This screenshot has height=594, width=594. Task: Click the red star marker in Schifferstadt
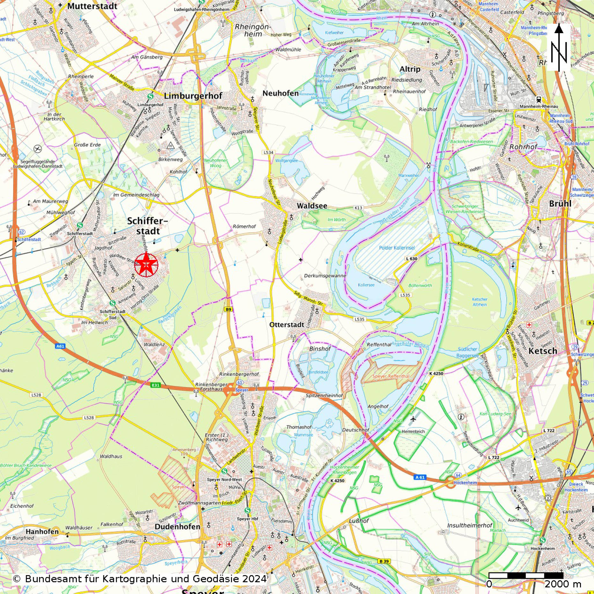click(146, 264)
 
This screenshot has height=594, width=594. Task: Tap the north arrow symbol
click(559, 47)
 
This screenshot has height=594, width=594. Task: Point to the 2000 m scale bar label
click(563, 584)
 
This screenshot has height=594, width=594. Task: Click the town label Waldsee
click(312, 206)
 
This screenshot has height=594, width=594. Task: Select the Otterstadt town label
click(287, 325)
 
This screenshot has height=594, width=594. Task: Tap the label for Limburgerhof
click(193, 96)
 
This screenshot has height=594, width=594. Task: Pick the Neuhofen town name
click(280, 93)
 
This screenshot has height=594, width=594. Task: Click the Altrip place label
click(410, 69)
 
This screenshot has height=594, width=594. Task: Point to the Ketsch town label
click(543, 351)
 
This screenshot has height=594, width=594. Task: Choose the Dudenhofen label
click(177, 527)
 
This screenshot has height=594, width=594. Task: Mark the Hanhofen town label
click(42, 532)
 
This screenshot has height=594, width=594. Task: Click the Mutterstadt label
click(92, 6)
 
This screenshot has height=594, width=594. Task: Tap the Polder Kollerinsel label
click(397, 248)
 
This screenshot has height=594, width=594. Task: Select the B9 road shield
click(228, 309)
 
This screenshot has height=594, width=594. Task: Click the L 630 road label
click(412, 259)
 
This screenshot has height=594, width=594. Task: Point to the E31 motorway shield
click(155, 385)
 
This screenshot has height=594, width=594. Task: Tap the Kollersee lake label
click(366, 285)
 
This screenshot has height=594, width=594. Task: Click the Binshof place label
click(320, 349)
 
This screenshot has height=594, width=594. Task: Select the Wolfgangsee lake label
click(286, 161)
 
